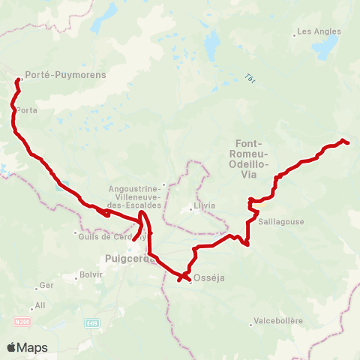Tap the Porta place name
pos(28,110)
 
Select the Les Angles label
pos(319,31)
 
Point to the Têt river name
pos(250,76)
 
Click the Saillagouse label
pos(280,223)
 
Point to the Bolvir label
pos(90,275)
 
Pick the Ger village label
pos(46,286)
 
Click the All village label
pos(40,306)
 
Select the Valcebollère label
pos(278,320)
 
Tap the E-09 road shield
pos(91,323)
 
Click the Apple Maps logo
pos(27,348)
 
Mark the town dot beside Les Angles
pos(295,34)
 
